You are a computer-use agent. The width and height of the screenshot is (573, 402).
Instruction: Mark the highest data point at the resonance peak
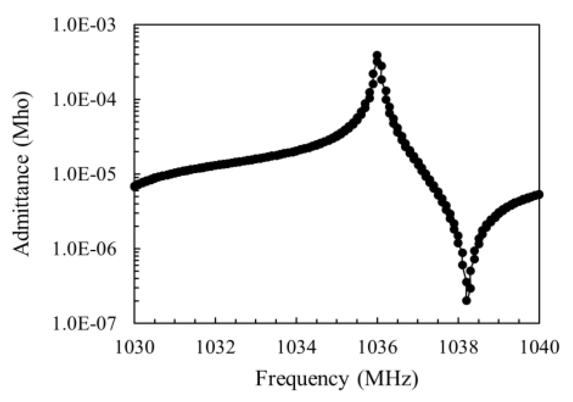click(x=377, y=55)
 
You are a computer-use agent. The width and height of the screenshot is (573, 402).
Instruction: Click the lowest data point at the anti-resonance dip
click(x=466, y=301)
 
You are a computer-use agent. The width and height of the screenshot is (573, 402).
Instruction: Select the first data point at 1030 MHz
click(x=135, y=187)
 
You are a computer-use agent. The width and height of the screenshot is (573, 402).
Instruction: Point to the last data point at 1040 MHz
click(x=539, y=195)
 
